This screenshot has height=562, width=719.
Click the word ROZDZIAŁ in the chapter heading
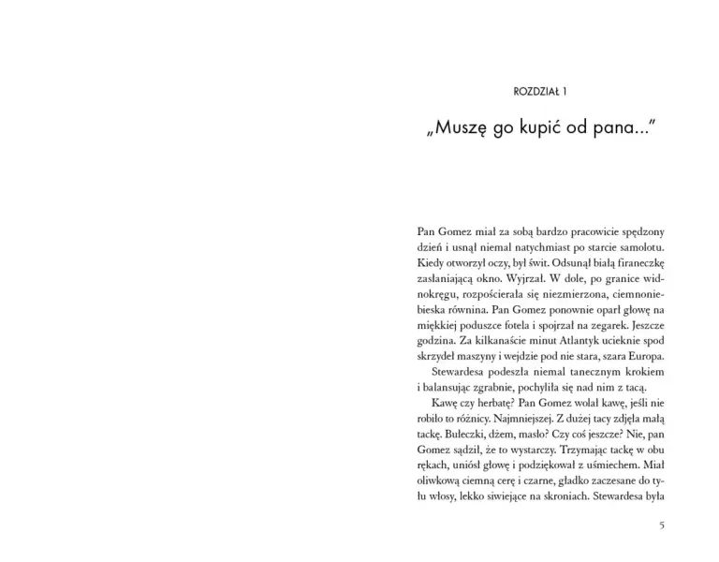[x=536, y=91]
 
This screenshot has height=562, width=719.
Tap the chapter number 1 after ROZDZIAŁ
[x=565, y=91]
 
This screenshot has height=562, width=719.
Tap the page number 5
[x=662, y=525]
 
